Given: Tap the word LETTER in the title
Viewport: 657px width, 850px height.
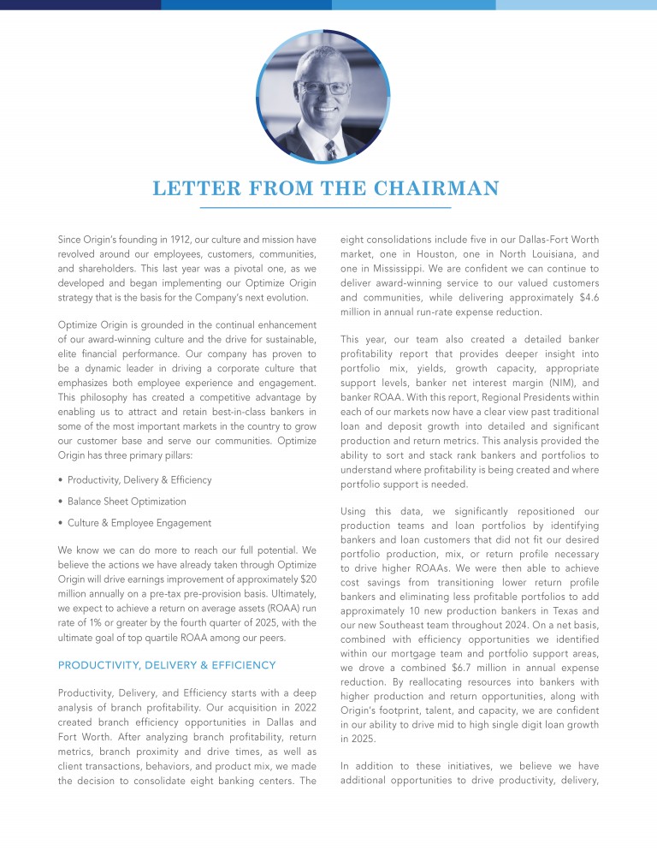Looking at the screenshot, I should coord(190,188).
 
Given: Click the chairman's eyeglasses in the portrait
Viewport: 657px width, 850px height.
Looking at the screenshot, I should coord(325,87).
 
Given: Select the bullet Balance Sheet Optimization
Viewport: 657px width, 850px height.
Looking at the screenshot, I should coord(126,502).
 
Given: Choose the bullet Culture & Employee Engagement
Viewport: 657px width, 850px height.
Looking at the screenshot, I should coord(139,523).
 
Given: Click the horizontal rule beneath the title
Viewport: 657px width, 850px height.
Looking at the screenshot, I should coord(325,208).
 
